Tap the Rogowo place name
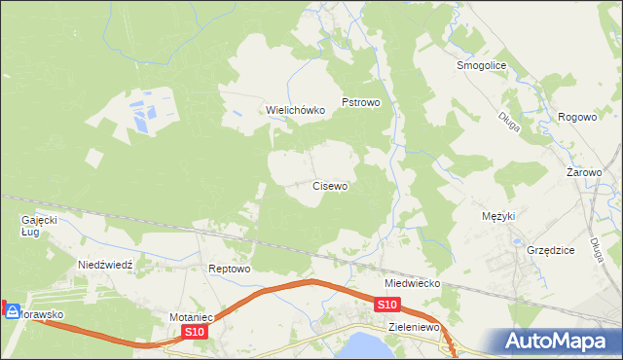[576, 117]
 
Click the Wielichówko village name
[295, 110]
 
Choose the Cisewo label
[330, 185]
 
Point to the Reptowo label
[231, 269]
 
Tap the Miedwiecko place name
[413, 283]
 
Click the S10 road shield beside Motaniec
[195, 333]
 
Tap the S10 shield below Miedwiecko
[386, 306]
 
